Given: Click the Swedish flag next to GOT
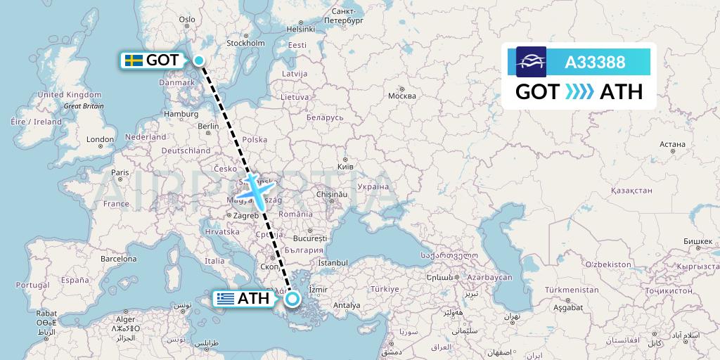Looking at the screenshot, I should coord(134,60).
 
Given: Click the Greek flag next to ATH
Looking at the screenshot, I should coord(226,299).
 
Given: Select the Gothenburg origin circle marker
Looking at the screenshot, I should coord(199,60).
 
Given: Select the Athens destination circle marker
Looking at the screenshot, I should coord(292,300).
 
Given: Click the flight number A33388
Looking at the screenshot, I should coord(595,63).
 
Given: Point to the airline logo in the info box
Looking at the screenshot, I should coord(531,62).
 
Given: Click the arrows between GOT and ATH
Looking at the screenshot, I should coord(579,92).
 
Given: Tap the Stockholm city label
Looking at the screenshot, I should coord(245,43).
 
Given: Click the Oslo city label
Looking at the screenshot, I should coord(187,20).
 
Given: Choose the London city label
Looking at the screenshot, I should coord(100,139).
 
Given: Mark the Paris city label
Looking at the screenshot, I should coord(120,172).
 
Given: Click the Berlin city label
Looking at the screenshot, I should coord(209,127).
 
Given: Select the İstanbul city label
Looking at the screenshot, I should coord(333,263).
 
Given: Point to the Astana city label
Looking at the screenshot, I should coord(672,144).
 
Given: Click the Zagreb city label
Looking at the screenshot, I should coord(245,215).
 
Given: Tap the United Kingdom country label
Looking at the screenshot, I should coord(70,94).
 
